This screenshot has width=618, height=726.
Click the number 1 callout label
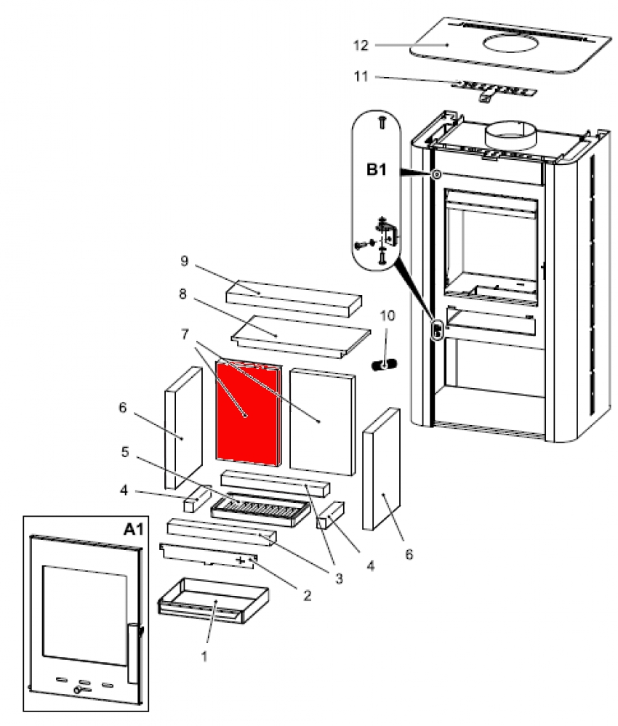(204, 656)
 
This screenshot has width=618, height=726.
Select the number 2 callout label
(306, 595)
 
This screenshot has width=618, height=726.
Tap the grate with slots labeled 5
(259, 504)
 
